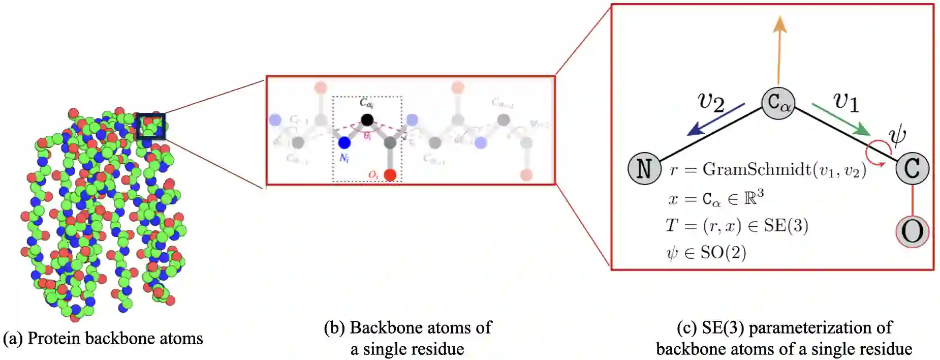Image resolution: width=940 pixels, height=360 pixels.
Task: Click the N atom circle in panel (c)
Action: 644,168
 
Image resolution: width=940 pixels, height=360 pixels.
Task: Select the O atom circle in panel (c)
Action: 912,232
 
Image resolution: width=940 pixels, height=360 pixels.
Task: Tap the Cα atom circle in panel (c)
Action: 778,103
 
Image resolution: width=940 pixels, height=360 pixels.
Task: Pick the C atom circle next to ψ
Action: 912,168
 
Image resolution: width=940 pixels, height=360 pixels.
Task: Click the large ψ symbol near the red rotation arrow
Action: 897,135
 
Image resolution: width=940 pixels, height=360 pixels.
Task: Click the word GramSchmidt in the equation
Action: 757,169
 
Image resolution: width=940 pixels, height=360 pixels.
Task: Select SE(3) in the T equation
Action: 786,225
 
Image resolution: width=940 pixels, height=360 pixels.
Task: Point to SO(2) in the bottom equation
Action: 723,252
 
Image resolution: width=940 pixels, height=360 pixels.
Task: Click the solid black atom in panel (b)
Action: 367,120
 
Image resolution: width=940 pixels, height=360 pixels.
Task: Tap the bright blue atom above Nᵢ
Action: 344,142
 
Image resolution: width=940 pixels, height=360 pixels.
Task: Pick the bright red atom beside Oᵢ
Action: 390,175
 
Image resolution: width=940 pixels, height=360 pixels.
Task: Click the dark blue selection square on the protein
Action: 151,126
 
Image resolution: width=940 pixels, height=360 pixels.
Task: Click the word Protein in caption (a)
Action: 50,339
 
